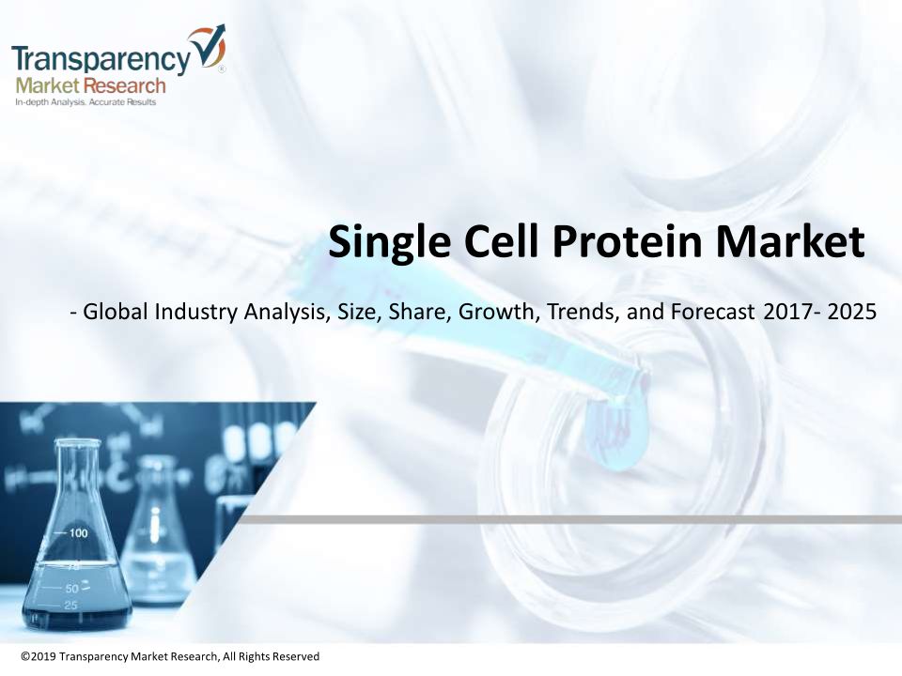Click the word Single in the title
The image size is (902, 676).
389,241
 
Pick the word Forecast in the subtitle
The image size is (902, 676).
712,312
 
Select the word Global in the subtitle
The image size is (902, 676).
117,312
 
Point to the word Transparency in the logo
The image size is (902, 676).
101,59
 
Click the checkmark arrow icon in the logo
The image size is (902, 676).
210,49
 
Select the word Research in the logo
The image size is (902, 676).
124,86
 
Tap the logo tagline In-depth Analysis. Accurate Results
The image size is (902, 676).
86,102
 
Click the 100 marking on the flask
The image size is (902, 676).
78,533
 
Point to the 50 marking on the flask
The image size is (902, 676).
71,589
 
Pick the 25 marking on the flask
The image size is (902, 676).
70,606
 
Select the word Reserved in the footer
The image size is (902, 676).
295,656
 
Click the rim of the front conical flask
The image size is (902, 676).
78,442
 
